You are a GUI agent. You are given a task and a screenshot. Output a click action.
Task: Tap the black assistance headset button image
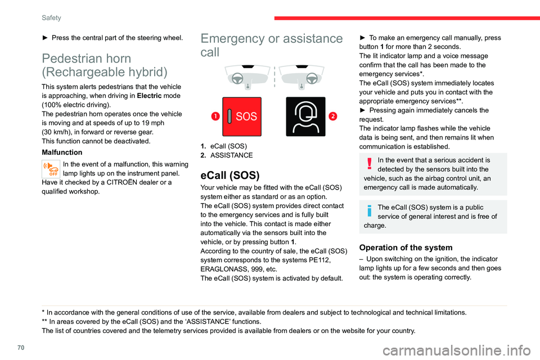[x=305, y=116]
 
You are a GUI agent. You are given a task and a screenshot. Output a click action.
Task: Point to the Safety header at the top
[x=52, y=18]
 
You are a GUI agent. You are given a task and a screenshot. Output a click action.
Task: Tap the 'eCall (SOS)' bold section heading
[x=229, y=175]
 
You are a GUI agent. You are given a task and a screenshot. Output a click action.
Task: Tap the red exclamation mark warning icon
[x=370, y=164]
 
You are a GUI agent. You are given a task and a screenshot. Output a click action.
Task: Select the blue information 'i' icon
[x=370, y=211]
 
